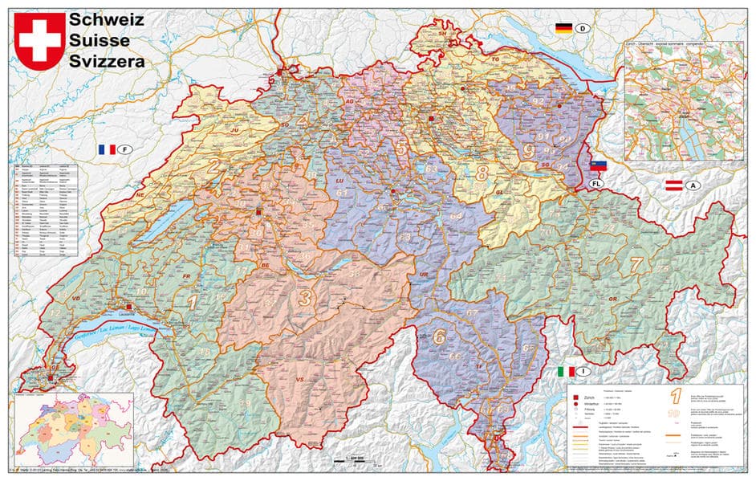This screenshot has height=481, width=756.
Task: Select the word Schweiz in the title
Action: (x=107, y=19)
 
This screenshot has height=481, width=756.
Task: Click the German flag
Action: (x=563, y=28)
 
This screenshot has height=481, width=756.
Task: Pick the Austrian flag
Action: (x=673, y=185)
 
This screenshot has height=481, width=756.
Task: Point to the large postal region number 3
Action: (x=305, y=297)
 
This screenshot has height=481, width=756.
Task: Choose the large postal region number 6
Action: (x=439, y=336)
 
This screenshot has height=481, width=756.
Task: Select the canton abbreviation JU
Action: (x=235, y=128)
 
